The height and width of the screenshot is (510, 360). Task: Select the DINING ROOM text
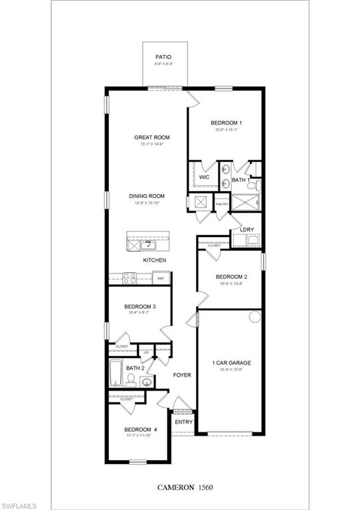[x=147, y=196]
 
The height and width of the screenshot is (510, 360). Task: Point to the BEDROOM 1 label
[x=226, y=123]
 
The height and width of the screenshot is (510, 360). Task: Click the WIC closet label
[x=205, y=177]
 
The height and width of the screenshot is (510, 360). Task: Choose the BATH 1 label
[x=240, y=180]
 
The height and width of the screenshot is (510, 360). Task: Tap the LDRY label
[x=247, y=230]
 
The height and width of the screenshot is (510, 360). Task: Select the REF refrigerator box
[x=161, y=280]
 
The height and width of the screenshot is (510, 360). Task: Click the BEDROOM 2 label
[x=231, y=277]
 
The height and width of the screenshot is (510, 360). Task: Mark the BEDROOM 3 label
[x=140, y=307]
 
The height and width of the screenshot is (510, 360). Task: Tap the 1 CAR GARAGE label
[x=231, y=363]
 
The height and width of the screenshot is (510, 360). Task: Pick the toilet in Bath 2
[x=132, y=381]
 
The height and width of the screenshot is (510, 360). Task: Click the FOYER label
[x=182, y=375]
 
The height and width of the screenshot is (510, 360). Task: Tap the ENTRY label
[x=183, y=422]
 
